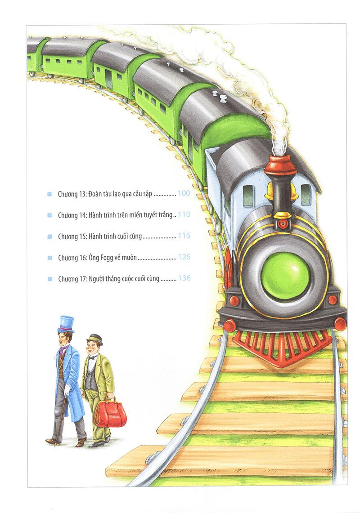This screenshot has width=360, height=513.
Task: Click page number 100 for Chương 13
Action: pos(184,193)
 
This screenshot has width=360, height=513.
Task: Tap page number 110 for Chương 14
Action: pos(184,214)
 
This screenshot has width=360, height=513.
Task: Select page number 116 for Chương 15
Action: pos(184,236)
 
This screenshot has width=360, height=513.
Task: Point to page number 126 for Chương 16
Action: pos(184,257)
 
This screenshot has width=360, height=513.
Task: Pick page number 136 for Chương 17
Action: pos(184,278)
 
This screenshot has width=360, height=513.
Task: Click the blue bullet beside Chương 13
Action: pos(49,194)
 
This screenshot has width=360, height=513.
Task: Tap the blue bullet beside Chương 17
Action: pos(50,279)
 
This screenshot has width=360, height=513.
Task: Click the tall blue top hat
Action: pos(66,324)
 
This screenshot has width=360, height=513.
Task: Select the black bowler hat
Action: pos(94,339)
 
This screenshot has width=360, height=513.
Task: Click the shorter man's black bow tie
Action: pos(91,357)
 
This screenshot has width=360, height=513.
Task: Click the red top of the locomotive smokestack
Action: pos(281,165)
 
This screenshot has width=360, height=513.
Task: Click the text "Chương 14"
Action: pos(72,215)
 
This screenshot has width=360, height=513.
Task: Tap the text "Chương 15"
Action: pos(72,236)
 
